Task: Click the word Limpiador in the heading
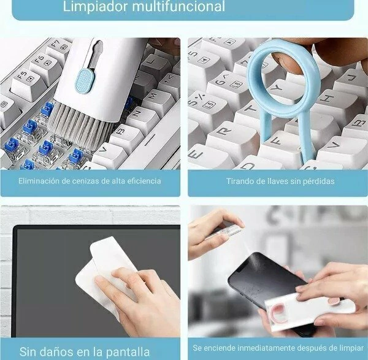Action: [96, 6]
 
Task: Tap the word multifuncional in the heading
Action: [178, 6]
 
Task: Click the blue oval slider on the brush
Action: [84, 80]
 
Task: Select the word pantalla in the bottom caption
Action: [128, 352]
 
